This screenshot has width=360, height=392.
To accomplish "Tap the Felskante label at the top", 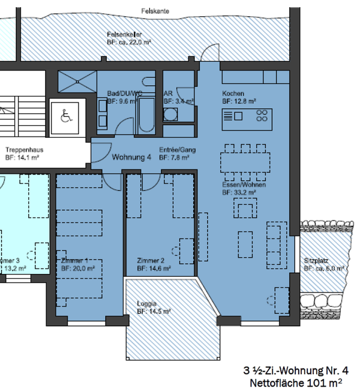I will [154, 11].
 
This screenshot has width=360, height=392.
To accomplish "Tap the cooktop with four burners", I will [262, 116].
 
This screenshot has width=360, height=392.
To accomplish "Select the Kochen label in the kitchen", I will [232, 94].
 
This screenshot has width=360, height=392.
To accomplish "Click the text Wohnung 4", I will [131, 158].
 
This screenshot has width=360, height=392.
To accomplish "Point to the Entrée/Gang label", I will [178, 150].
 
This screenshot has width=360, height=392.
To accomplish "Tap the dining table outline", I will [245, 162].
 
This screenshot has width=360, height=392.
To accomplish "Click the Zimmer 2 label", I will [150, 261].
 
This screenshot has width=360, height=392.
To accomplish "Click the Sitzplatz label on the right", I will [317, 261].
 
